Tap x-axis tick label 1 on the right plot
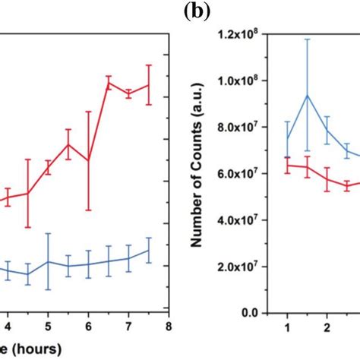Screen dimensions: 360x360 pyautogui.click(x=286, y=327)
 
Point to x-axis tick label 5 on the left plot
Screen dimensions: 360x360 pyautogui.click(x=47, y=327)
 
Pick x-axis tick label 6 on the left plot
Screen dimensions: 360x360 pyautogui.click(x=88, y=327)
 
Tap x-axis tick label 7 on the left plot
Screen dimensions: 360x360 pyautogui.click(x=128, y=327)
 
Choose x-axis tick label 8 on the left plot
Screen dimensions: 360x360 pyautogui.click(x=169, y=327)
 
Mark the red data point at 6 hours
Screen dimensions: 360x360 pyautogui.click(x=88, y=160)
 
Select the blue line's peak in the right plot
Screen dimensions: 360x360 pyautogui.click(x=307, y=95)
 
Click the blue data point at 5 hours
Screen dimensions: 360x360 pyautogui.click(x=48, y=261)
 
